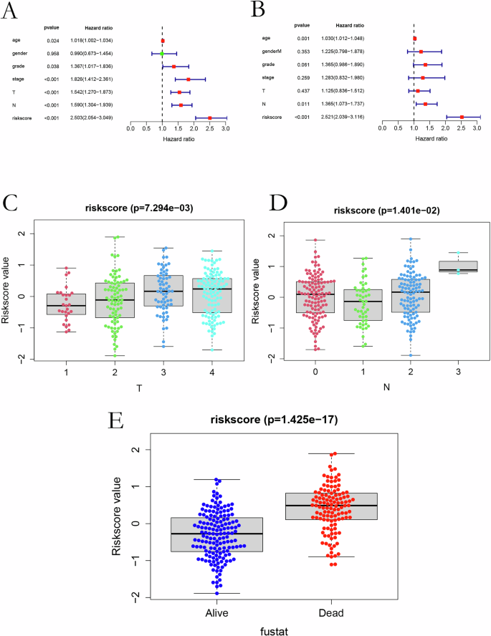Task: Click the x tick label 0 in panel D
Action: pyautogui.click(x=316, y=371)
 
